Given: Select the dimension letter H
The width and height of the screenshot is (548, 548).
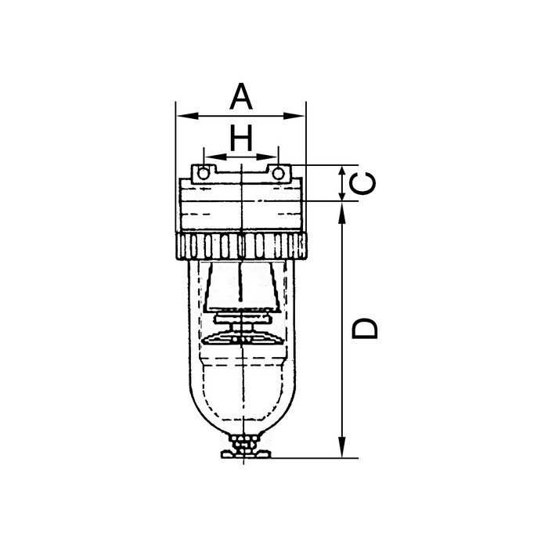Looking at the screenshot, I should coord(242,139).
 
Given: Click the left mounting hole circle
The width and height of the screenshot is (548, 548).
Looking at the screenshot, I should coord(204,171).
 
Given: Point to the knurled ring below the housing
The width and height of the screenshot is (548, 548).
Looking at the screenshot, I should coord(241,247).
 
